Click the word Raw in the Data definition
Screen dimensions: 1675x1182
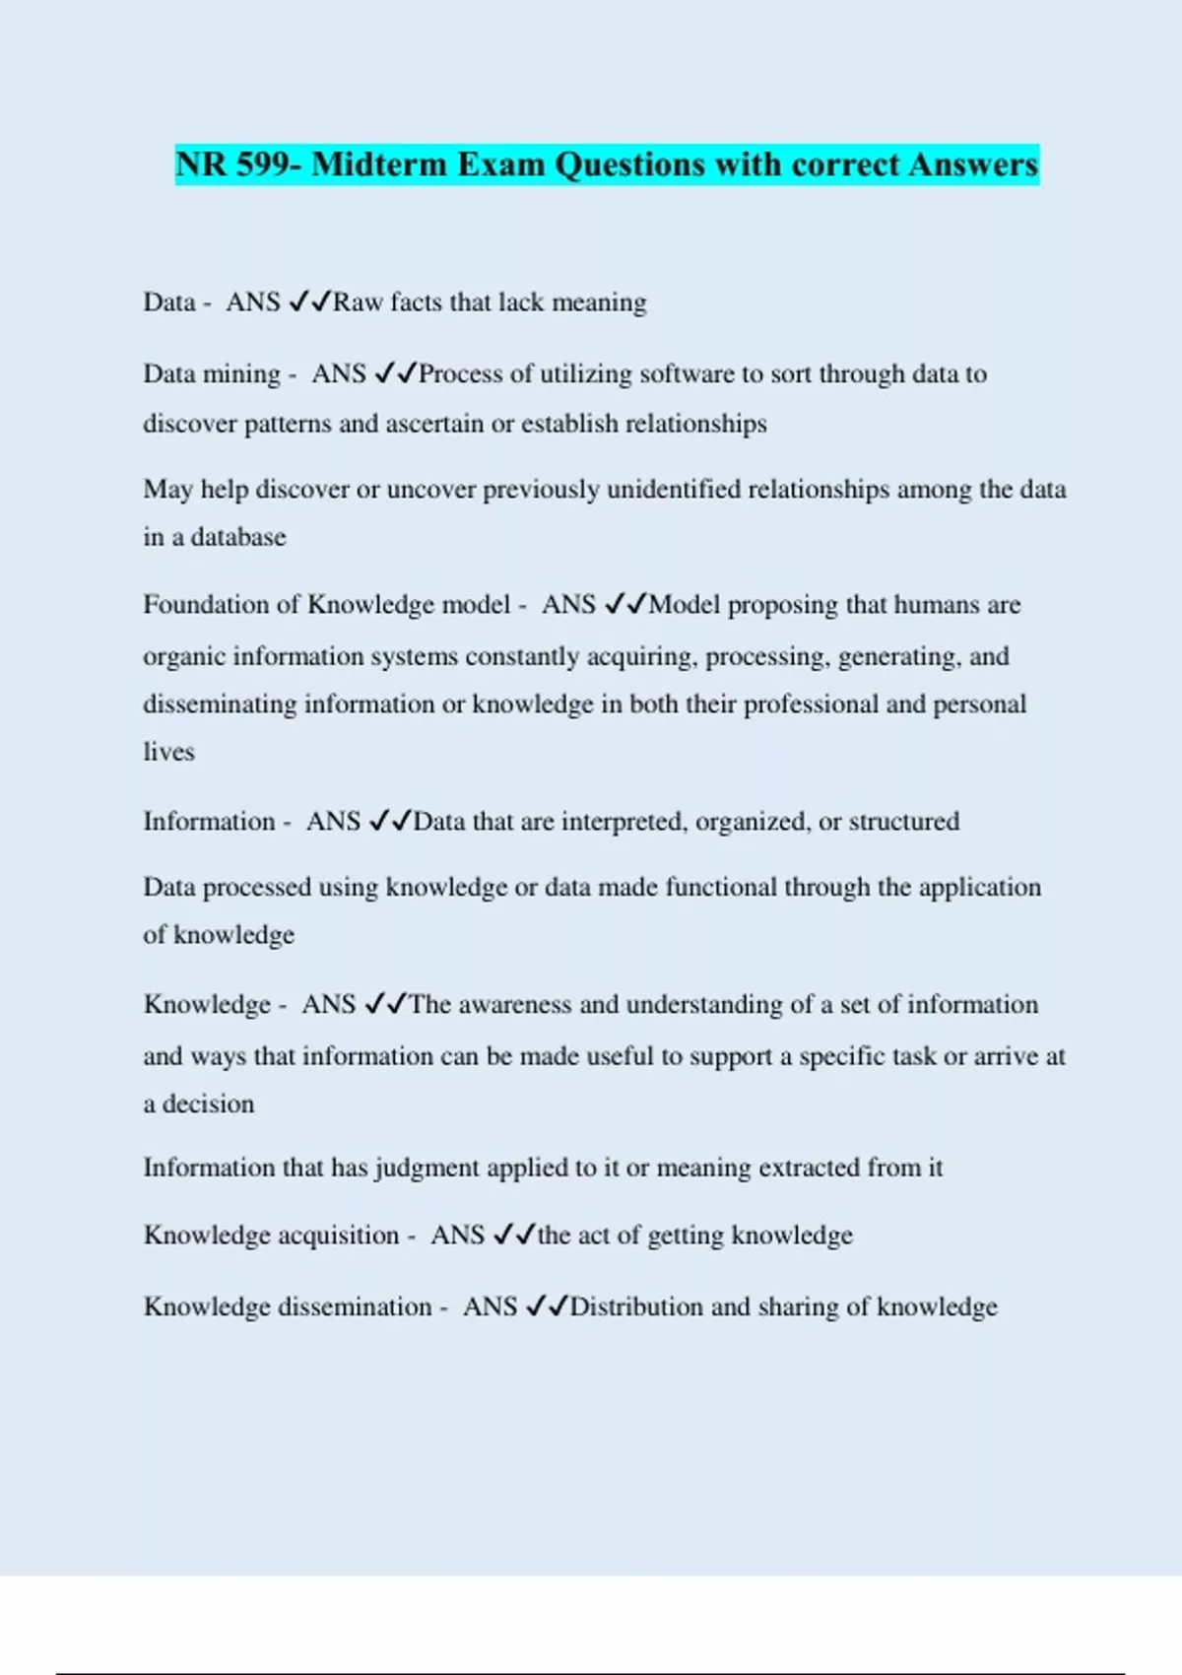point(358,301)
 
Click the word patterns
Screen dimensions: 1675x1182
point(287,424)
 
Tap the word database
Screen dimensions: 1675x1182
point(238,537)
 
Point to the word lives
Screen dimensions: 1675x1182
point(168,752)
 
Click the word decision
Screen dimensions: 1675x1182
point(208,1104)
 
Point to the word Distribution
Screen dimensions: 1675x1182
point(636,1306)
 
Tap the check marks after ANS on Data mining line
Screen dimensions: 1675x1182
point(395,373)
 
